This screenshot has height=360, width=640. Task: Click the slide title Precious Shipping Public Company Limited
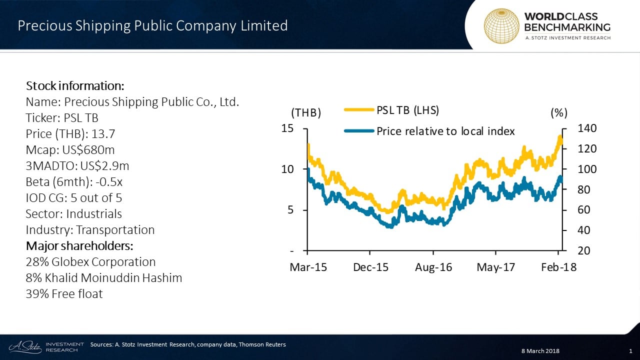click(152, 26)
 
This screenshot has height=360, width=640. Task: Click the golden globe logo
click(501, 26)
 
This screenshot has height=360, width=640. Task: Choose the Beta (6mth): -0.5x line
click(74, 182)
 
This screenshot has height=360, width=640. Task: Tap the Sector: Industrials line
click(73, 214)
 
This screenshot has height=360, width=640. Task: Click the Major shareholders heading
click(79, 246)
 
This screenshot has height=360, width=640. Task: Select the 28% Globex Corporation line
click(90, 262)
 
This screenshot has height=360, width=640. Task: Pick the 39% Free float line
click(64, 294)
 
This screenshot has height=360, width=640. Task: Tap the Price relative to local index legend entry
click(445, 131)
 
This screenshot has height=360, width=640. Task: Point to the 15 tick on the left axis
click(287, 128)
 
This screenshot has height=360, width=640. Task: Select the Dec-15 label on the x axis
click(370, 267)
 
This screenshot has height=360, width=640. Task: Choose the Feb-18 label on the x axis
click(559, 267)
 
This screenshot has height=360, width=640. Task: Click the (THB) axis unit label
click(305, 113)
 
